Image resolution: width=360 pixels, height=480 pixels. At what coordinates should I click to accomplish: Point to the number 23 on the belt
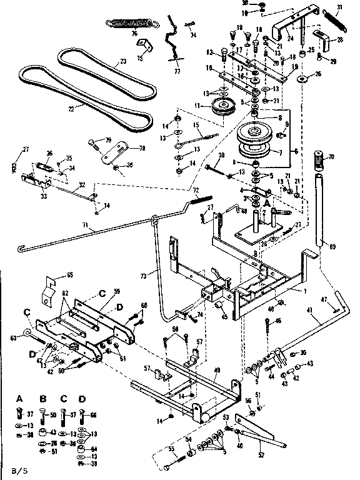(122, 61)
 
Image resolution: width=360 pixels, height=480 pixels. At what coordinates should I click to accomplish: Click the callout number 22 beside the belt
(72, 109)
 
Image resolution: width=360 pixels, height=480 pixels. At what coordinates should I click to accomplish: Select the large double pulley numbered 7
(257, 142)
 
